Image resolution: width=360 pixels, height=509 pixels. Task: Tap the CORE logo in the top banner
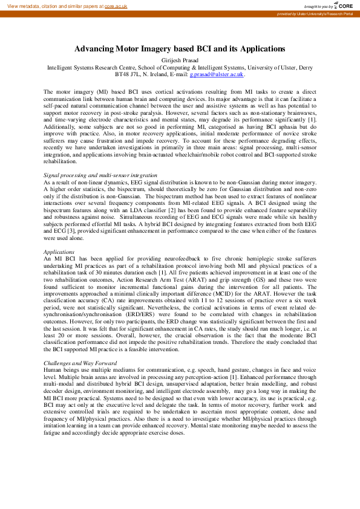point(342,5)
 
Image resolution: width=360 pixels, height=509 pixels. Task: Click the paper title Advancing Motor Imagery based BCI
point(180,48)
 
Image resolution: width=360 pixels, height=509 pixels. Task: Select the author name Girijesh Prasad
point(180,60)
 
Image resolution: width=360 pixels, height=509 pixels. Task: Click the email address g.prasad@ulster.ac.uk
point(216,74)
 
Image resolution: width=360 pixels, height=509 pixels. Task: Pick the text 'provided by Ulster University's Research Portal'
point(315,13)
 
